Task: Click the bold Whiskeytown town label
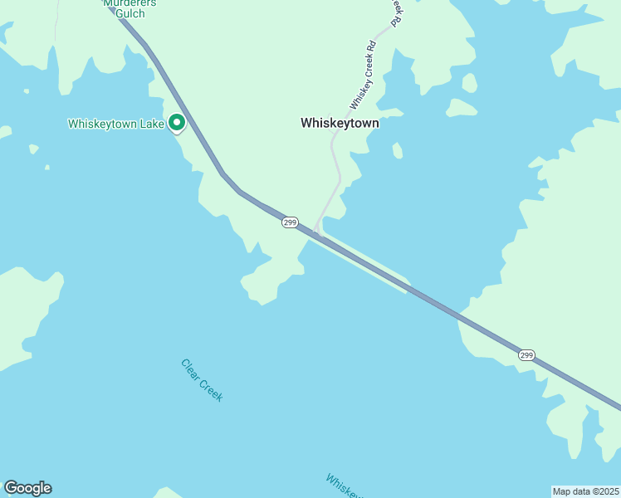tap(340, 123)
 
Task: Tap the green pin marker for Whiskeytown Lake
tap(177, 123)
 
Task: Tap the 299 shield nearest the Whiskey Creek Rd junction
tap(289, 222)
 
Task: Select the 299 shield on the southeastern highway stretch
tap(526, 354)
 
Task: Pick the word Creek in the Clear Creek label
tap(212, 389)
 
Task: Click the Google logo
tap(27, 488)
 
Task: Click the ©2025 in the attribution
tap(605, 491)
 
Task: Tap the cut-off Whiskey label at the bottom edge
tap(343, 486)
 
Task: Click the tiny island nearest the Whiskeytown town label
tap(398, 150)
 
